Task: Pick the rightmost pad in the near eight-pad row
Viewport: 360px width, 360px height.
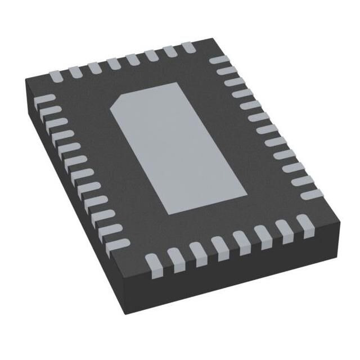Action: pos(306,223)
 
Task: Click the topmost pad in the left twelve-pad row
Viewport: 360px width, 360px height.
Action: pos(47,99)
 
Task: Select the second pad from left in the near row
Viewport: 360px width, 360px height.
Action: pos(174,257)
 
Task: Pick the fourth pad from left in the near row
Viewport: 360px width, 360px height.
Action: pos(219,246)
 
